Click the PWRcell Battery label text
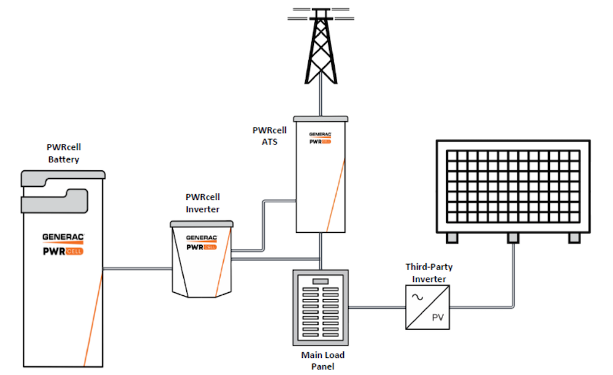[63, 153]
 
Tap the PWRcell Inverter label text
[202, 203]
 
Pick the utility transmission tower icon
[321, 46]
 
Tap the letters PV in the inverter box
[437, 317]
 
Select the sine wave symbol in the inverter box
[417, 297]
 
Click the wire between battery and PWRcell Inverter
[137, 268]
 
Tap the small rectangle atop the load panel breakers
[320, 281]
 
